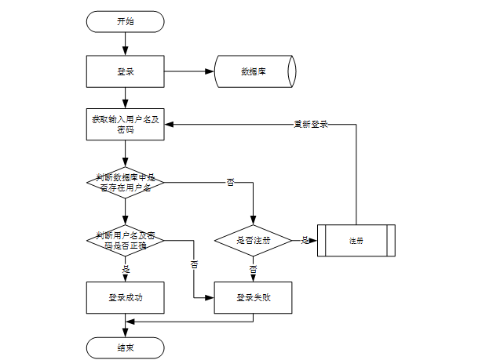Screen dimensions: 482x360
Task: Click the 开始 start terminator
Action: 125,22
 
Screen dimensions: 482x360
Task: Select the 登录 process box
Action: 125,71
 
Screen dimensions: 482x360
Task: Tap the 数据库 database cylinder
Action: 255,71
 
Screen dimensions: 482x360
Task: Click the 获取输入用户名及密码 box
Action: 125,125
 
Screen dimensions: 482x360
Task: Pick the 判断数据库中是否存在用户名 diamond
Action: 125,183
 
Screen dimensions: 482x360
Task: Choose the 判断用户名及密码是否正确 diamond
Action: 125,241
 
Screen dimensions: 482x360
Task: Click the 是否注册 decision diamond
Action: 253,241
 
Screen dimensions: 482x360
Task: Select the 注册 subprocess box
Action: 356,241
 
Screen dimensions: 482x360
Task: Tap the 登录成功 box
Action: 125,297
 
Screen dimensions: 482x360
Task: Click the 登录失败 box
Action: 253,297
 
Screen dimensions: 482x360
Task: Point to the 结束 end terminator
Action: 125,348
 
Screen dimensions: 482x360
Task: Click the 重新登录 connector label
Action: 311,125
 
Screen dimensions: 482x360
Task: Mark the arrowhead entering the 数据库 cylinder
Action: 210,71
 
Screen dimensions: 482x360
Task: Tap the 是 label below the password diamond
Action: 126,270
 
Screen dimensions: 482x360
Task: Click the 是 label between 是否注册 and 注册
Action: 305,240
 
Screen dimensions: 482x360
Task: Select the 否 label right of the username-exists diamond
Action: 230,183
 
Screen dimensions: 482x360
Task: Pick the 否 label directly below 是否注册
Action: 253,269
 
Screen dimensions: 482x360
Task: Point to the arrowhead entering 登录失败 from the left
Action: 210,297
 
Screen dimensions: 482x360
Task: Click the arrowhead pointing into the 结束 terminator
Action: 125,333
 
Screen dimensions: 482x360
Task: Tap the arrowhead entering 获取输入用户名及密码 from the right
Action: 169,125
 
